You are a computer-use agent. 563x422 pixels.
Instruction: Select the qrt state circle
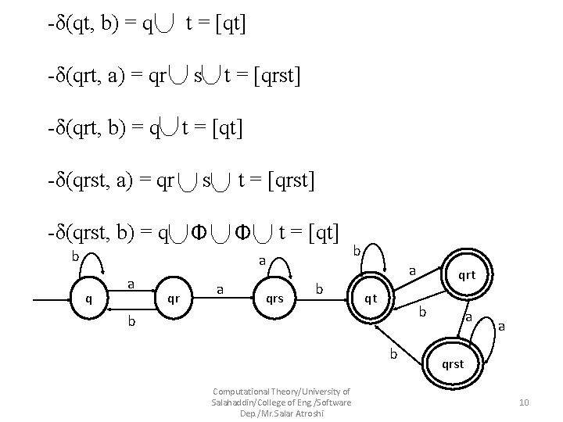[466, 274]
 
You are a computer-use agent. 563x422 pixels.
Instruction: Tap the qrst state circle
[453, 363]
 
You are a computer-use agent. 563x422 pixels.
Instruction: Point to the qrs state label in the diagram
[274, 298]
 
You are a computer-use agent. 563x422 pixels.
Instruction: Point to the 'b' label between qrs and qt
[320, 288]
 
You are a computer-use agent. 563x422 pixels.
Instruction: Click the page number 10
[524, 402]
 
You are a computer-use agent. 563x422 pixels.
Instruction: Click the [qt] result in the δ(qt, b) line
[225, 25]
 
